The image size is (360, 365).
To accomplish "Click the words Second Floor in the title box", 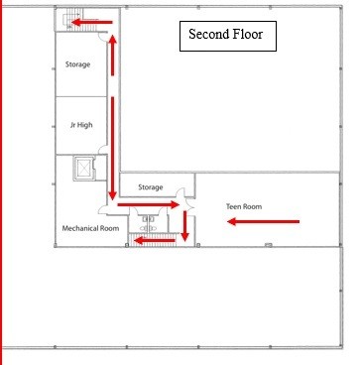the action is [x=226, y=34].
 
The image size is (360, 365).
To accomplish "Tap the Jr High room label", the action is [x=81, y=125].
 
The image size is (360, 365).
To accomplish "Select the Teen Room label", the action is [x=244, y=206].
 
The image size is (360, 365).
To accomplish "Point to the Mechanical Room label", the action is [x=90, y=228].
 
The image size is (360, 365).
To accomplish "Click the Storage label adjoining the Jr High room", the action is [x=77, y=64].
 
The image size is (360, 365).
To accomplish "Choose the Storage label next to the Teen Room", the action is [x=151, y=187].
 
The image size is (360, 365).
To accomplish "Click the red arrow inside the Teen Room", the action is [x=264, y=221].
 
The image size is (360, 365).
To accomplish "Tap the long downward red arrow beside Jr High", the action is [x=112, y=149].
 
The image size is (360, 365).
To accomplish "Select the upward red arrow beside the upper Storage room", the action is [x=113, y=56].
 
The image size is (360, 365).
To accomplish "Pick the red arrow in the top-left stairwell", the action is [x=92, y=23].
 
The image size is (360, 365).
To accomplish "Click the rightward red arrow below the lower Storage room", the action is [x=149, y=204].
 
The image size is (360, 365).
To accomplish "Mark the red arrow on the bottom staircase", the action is [x=155, y=240].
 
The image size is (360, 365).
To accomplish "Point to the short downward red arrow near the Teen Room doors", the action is [x=185, y=226].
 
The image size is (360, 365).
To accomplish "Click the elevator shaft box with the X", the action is [x=85, y=169].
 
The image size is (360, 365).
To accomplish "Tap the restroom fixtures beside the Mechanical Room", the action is [x=148, y=223].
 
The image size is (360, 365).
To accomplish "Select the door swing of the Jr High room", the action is [x=103, y=150].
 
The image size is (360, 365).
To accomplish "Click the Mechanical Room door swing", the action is [x=103, y=209].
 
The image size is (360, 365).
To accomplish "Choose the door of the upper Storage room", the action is [x=103, y=37].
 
